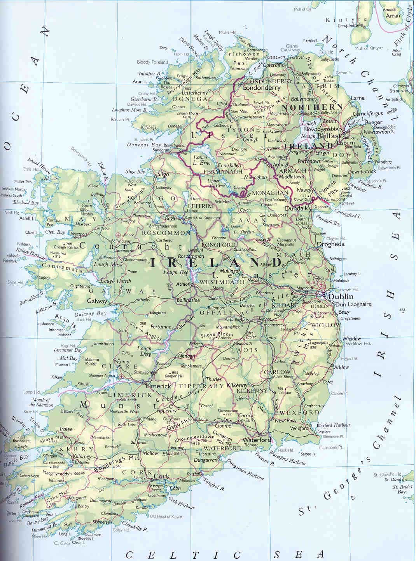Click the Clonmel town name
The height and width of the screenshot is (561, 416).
pyautogui.click(x=224, y=426)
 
